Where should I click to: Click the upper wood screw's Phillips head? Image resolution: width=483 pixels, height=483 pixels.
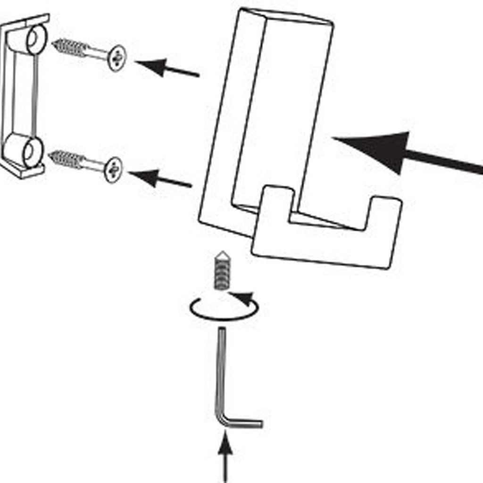[116, 58]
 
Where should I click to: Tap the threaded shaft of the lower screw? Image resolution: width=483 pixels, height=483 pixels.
[68, 159]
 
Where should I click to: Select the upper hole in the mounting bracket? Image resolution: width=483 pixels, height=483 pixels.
[36, 40]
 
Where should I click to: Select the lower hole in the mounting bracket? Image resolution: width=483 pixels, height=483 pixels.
[31, 152]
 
